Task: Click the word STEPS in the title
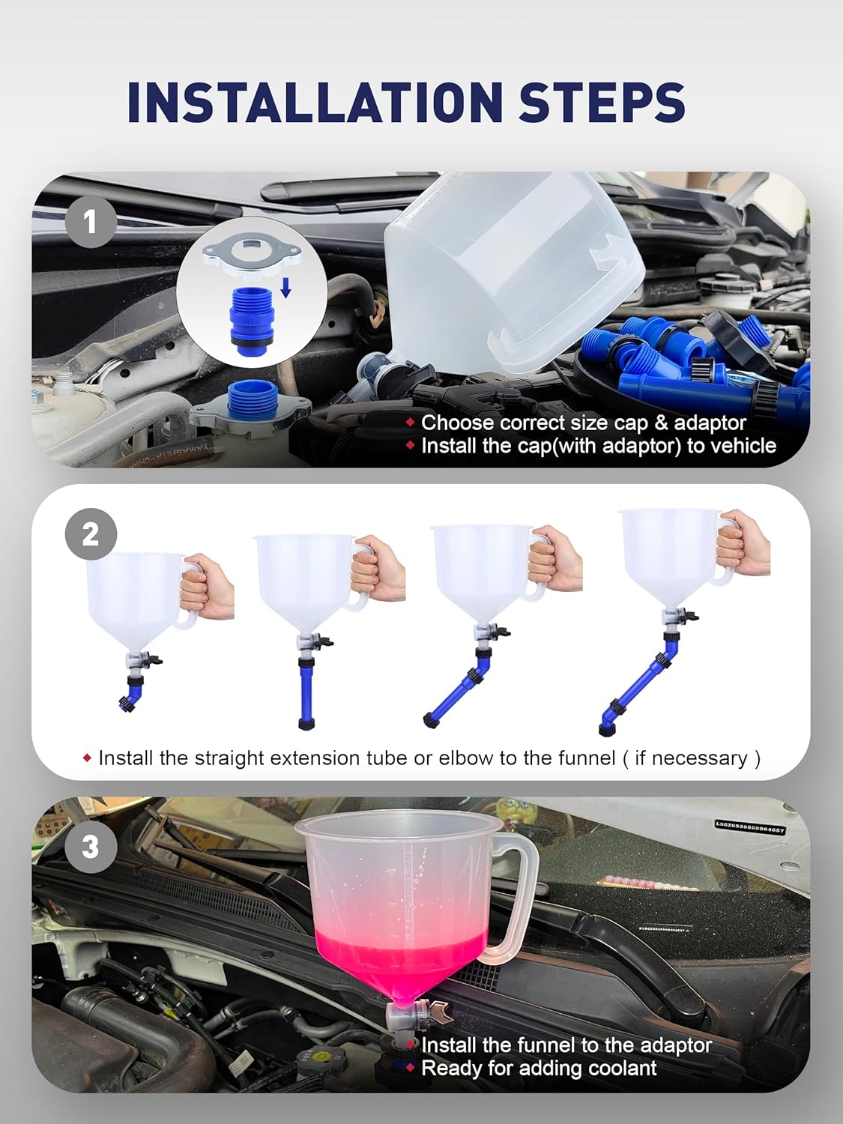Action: tap(602, 102)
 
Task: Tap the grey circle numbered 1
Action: tap(91, 222)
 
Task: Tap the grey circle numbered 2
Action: tap(91, 534)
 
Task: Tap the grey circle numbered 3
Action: tap(91, 847)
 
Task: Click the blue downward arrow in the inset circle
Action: tap(285, 285)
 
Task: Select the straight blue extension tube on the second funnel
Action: tap(306, 693)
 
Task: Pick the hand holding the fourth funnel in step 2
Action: tap(742, 545)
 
